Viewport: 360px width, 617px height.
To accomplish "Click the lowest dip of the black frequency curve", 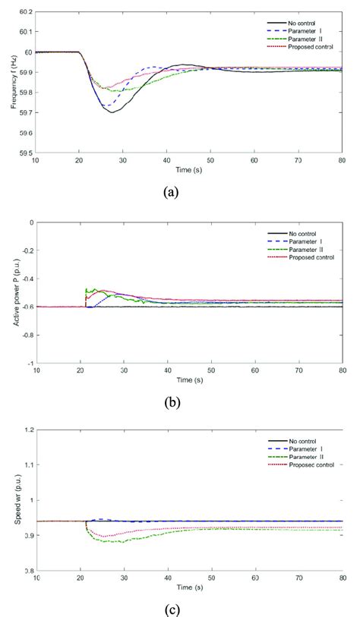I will coord(112,112).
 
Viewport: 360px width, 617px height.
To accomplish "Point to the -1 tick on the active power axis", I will coord(29,363).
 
